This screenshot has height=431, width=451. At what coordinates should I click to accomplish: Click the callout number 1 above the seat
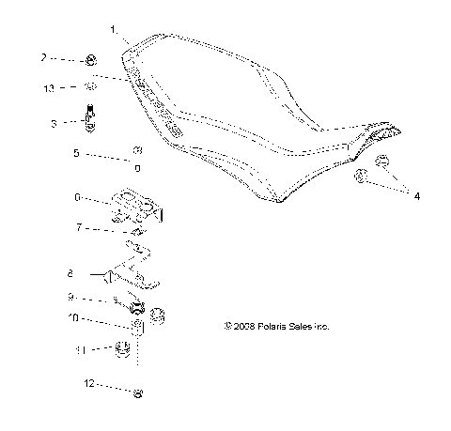114,30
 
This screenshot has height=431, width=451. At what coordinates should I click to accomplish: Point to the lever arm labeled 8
132,275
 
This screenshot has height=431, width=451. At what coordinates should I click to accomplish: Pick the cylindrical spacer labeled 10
136,327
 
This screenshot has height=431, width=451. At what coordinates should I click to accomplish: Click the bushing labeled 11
120,350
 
